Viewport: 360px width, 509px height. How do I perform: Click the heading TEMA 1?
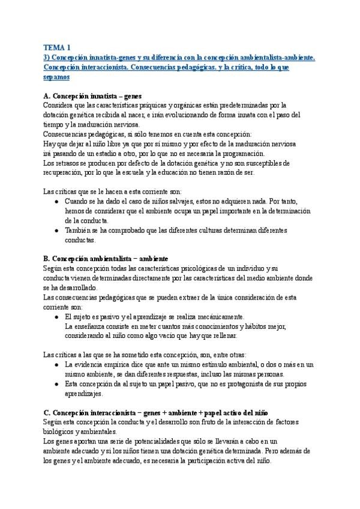(57, 47)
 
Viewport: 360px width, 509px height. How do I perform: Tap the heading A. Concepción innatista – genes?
(88, 96)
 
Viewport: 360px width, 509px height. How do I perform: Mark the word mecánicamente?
(214, 316)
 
